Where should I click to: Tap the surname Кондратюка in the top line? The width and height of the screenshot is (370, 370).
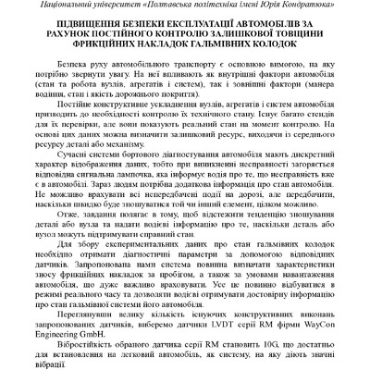click(x=325, y=7)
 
